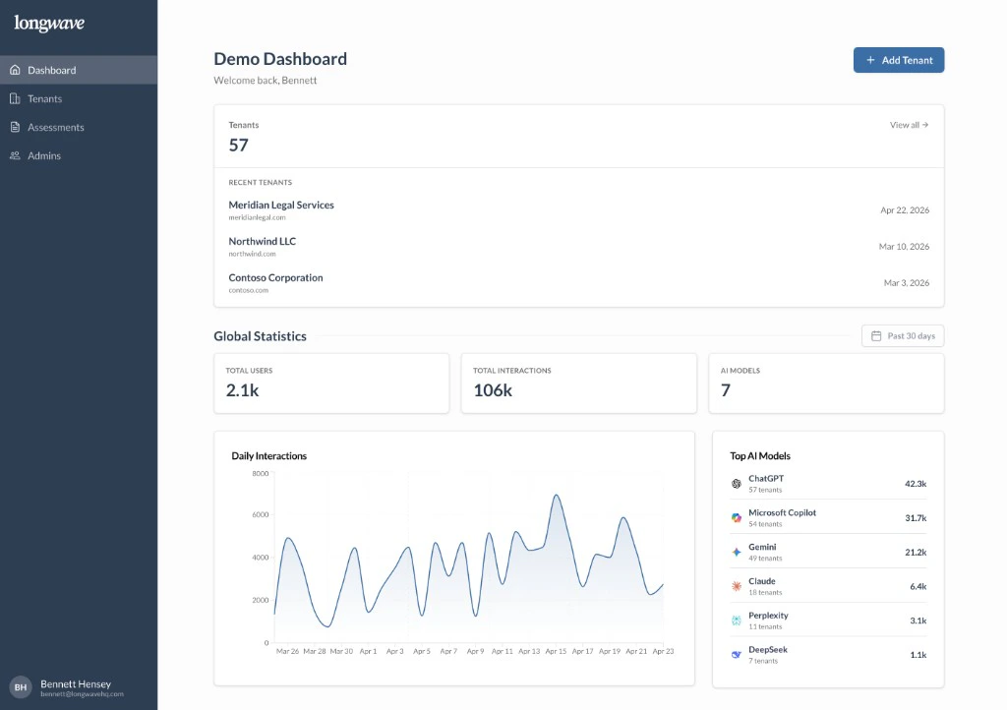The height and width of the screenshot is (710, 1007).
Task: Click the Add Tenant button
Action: [898, 60]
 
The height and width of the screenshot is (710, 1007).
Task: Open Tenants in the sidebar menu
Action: [44, 98]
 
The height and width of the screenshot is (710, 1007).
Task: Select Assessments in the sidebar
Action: [55, 127]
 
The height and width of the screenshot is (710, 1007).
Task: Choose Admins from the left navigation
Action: [43, 155]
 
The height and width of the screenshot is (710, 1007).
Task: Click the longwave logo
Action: [49, 24]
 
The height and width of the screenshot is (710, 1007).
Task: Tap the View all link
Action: [909, 125]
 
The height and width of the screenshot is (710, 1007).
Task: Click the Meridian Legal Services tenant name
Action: [281, 205]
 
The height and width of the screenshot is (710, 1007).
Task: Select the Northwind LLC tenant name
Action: [262, 241]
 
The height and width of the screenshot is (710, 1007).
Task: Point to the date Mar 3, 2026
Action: [906, 283]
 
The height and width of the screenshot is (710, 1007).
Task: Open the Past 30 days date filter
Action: [902, 336]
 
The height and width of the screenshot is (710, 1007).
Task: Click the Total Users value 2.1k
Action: [242, 390]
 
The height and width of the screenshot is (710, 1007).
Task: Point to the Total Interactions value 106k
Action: [492, 390]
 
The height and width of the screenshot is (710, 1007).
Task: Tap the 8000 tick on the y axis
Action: [260, 473]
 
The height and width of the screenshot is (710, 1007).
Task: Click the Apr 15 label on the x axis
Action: [556, 651]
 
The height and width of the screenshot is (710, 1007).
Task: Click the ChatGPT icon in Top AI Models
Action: [736, 484]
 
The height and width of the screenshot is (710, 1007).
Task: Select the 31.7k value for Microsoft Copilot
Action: [916, 518]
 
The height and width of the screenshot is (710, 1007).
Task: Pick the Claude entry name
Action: [762, 581]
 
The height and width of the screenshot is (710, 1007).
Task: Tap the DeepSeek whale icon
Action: [736, 654]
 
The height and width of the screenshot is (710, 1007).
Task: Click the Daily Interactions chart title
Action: [268, 456]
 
